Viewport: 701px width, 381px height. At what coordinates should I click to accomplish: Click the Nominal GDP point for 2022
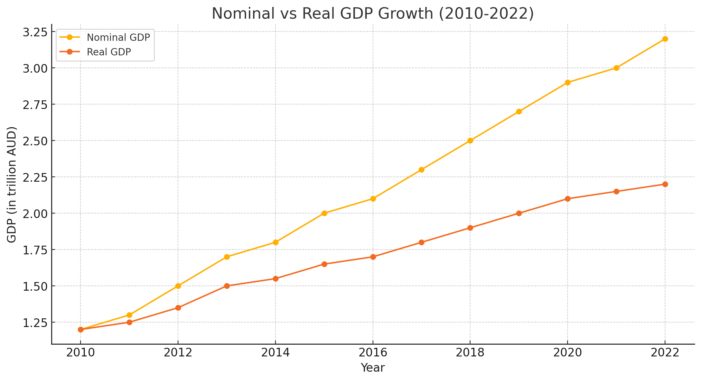[665, 39]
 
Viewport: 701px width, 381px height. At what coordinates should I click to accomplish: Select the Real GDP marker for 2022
[665, 184]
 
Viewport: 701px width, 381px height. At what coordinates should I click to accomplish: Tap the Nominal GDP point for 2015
[324, 213]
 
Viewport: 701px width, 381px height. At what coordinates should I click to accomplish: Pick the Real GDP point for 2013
[227, 286]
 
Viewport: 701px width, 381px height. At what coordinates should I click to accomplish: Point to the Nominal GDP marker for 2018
[470, 140]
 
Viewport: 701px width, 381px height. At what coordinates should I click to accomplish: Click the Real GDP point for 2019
[519, 213]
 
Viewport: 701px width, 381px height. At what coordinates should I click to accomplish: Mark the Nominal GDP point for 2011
[129, 315]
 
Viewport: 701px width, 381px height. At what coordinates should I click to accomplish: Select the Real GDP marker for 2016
[373, 257]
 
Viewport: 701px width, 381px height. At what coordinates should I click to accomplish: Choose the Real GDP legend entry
[109, 52]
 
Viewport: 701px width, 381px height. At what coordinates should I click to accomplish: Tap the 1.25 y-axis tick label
[35, 323]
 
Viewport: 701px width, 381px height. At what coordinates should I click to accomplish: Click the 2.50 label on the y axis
[35, 141]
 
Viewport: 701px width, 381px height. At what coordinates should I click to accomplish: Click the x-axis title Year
[373, 368]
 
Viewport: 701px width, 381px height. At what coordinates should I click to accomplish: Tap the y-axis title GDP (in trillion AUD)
[12, 184]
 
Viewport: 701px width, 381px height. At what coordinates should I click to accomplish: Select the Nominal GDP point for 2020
[567, 82]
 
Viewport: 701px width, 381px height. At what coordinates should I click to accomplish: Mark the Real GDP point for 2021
[616, 191]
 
